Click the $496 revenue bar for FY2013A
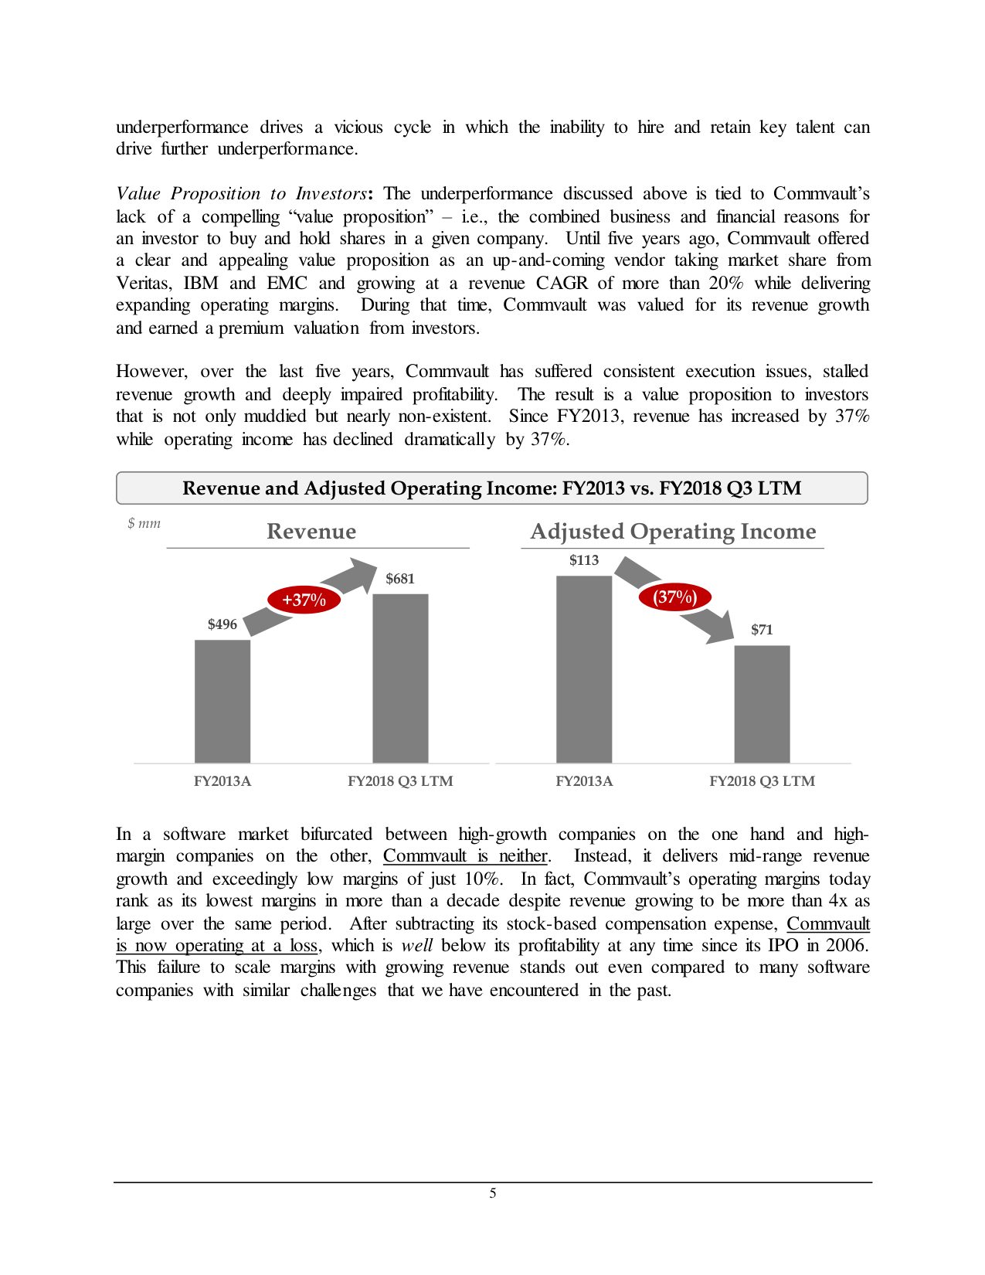222,701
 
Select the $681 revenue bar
400,678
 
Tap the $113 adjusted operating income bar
584,669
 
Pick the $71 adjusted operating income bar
762,703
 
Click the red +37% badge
304,600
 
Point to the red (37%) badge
675,597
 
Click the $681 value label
400,578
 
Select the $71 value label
762,629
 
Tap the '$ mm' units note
144,523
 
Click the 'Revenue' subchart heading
311,532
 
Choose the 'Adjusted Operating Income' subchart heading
673,532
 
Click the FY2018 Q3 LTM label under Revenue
400,781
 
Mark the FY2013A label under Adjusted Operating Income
584,781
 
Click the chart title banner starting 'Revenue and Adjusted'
492,488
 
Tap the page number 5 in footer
493,1193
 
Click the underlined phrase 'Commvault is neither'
465,856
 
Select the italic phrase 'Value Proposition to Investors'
241,193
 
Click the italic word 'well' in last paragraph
416,946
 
